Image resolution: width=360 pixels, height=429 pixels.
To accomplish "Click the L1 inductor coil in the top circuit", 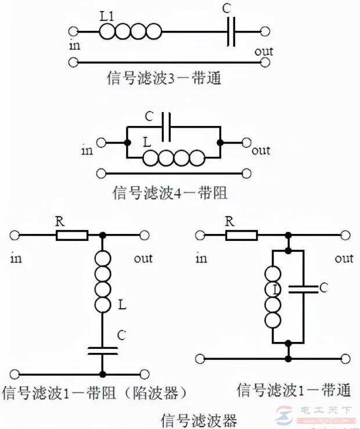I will [x=130, y=31].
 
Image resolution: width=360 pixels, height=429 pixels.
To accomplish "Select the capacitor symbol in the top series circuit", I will [x=231, y=31].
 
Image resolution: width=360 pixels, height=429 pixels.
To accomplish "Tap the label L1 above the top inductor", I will [x=107, y=17].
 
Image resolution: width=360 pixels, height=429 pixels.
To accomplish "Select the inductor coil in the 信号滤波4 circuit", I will [x=174, y=157].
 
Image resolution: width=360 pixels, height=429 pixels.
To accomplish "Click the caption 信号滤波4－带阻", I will [x=170, y=192].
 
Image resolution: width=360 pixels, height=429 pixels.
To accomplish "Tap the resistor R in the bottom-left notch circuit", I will [x=72, y=235].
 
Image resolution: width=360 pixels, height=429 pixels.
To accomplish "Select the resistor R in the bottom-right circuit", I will [x=242, y=235].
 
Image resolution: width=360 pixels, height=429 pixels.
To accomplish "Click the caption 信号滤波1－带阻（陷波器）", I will [x=96, y=393].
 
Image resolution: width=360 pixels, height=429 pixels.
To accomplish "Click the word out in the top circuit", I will [x=264, y=52].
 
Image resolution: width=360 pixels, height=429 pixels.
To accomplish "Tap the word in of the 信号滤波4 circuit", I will [x=88, y=150].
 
